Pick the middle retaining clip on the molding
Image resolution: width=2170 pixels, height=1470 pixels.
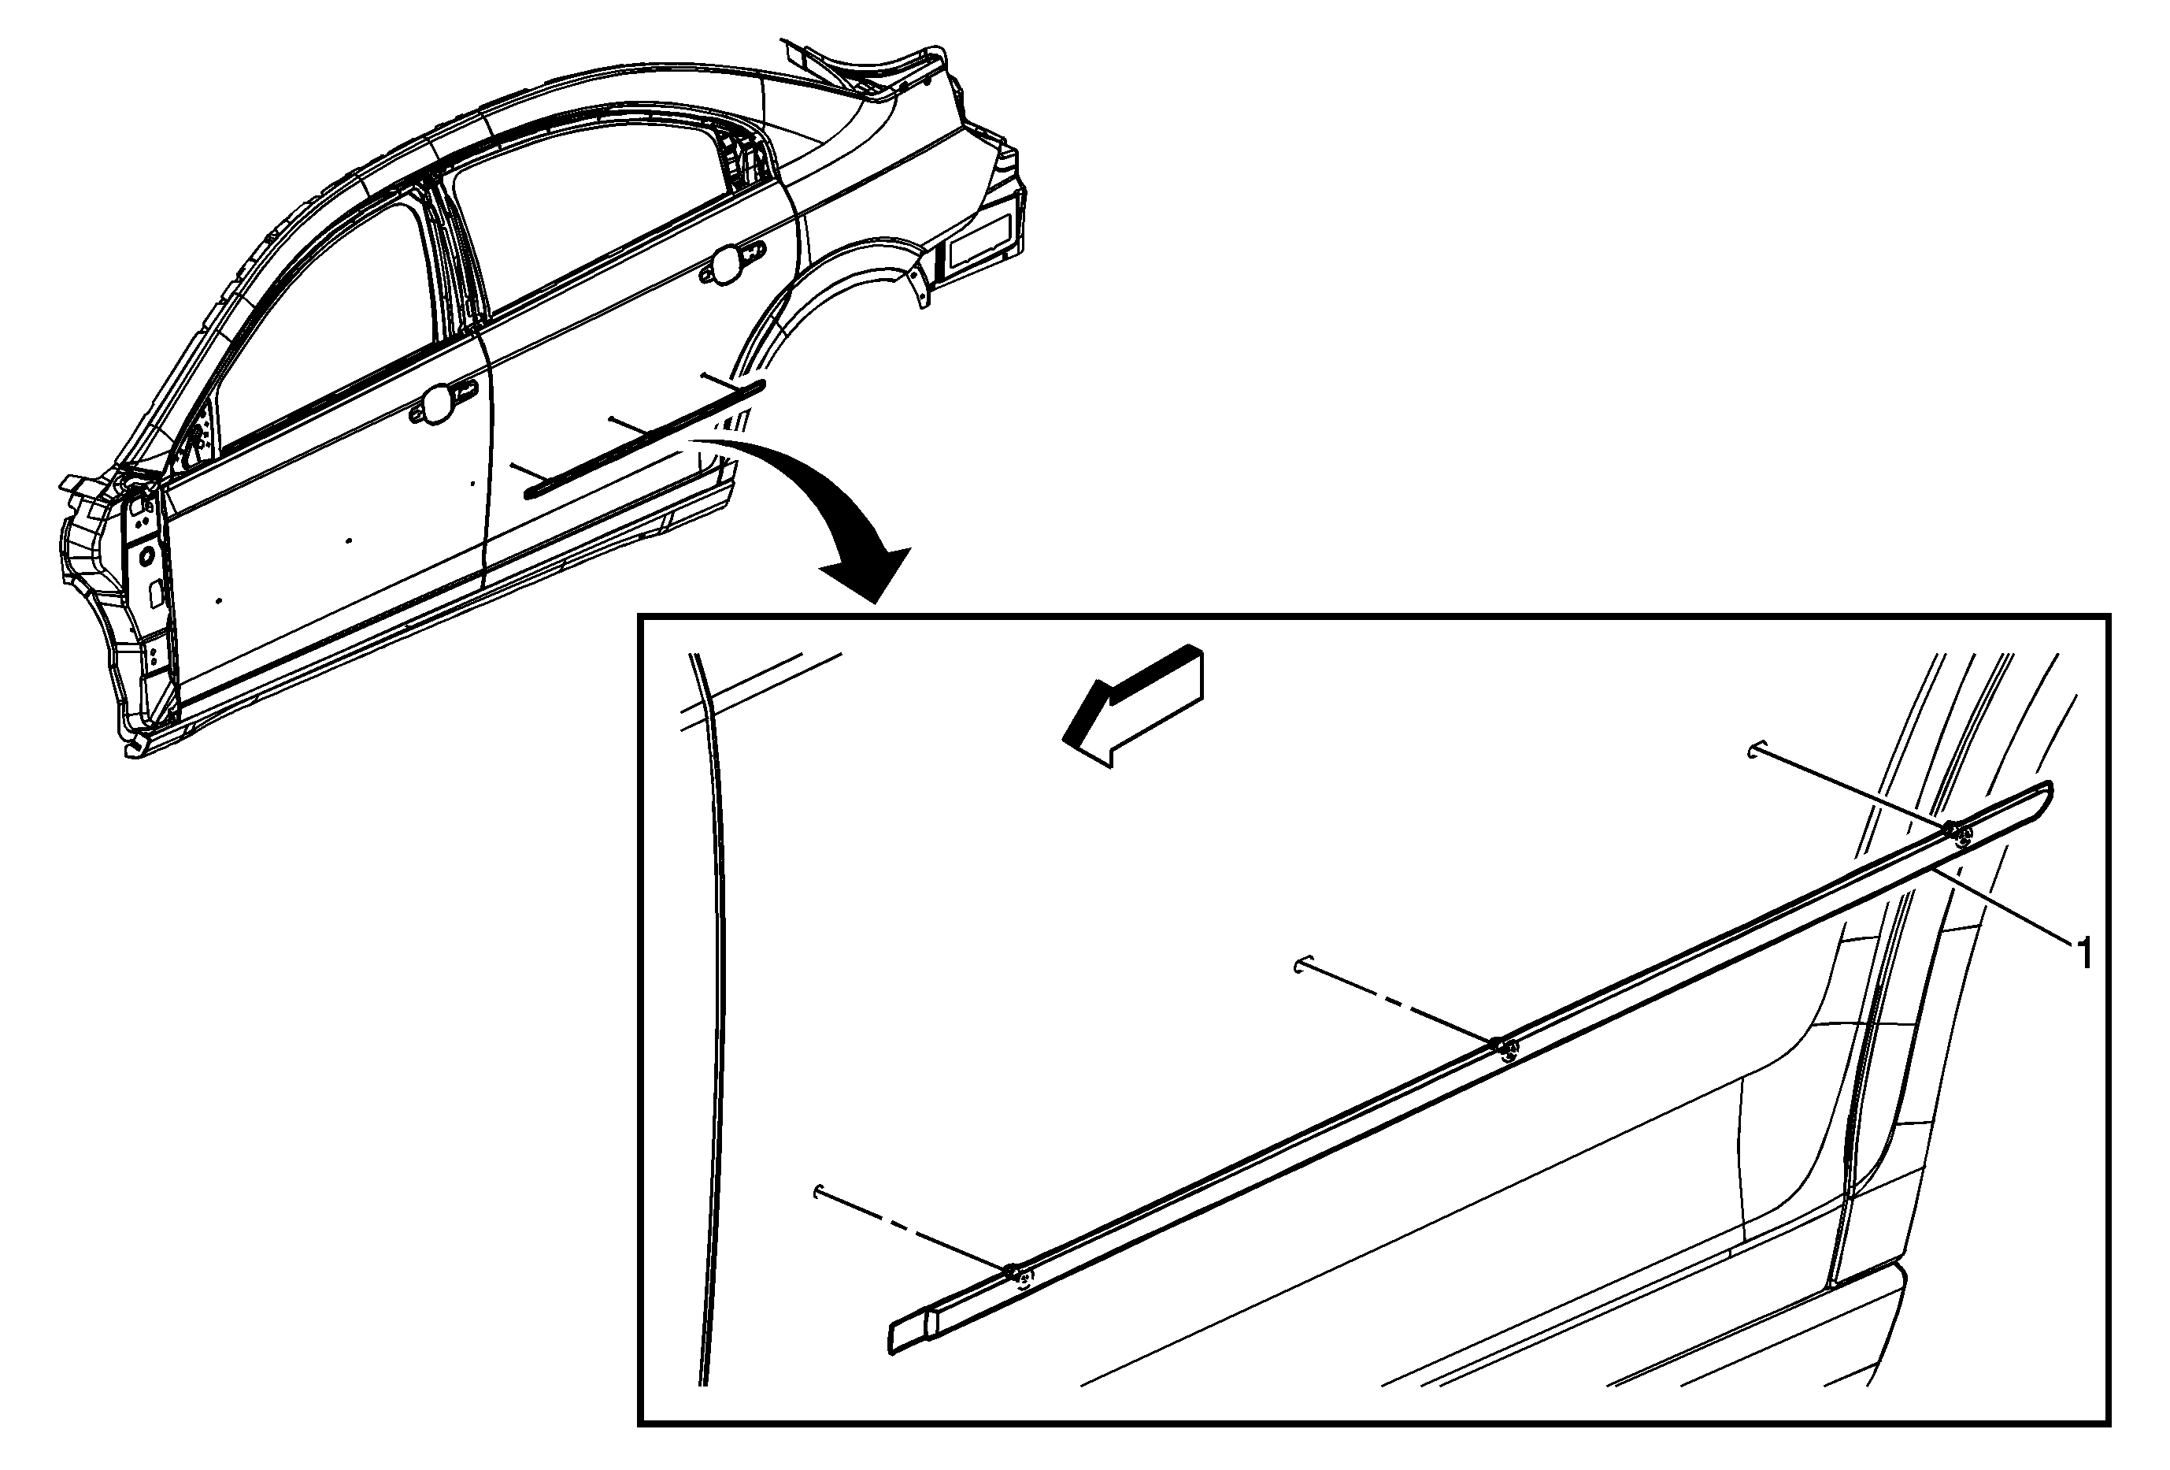pos(1502,1047)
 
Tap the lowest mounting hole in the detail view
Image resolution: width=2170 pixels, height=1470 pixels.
pos(819,1192)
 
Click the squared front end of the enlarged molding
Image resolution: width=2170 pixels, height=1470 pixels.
pos(909,1333)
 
